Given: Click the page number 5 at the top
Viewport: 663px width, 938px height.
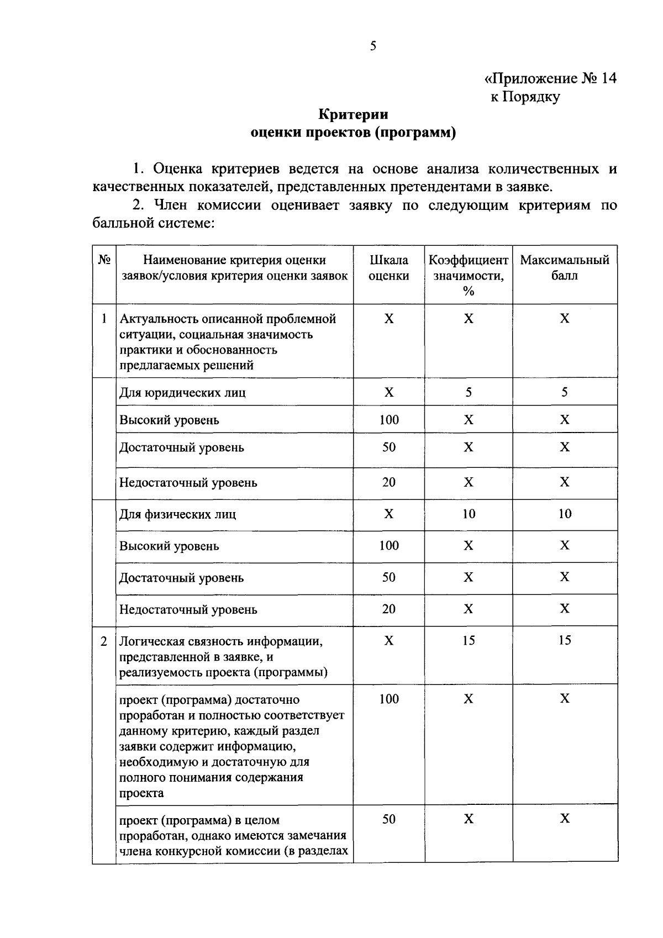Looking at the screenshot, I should point(373,46).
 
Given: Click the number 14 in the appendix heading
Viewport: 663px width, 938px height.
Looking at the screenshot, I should point(607,78).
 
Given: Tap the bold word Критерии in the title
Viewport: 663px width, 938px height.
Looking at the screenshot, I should point(353,114).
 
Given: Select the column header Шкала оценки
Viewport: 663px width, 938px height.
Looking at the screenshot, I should point(389,268).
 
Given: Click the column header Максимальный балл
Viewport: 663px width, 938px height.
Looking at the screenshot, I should point(565,268).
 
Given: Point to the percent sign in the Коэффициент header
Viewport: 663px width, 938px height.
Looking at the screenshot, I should point(469,291).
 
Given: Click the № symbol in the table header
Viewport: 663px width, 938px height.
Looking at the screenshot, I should point(104,260).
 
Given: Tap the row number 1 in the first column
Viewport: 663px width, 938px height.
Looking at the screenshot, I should point(104,319).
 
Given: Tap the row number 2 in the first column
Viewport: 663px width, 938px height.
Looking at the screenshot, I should point(104,641).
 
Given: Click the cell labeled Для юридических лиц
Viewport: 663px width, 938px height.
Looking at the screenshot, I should point(182,393).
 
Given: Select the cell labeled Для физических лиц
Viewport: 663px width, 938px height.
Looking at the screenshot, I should point(177,514).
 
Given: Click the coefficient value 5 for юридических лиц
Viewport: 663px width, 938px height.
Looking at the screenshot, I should point(469,392).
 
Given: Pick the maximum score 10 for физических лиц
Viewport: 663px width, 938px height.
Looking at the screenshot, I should point(565,514).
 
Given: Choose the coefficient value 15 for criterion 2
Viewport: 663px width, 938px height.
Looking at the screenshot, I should point(469,641).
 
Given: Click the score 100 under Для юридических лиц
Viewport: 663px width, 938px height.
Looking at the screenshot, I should point(389,420).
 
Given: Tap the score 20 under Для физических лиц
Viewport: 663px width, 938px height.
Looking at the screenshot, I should point(389,609).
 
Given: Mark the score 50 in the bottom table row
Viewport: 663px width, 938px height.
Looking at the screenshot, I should point(389,819).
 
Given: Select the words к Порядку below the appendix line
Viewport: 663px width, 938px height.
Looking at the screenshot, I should point(525,97).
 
